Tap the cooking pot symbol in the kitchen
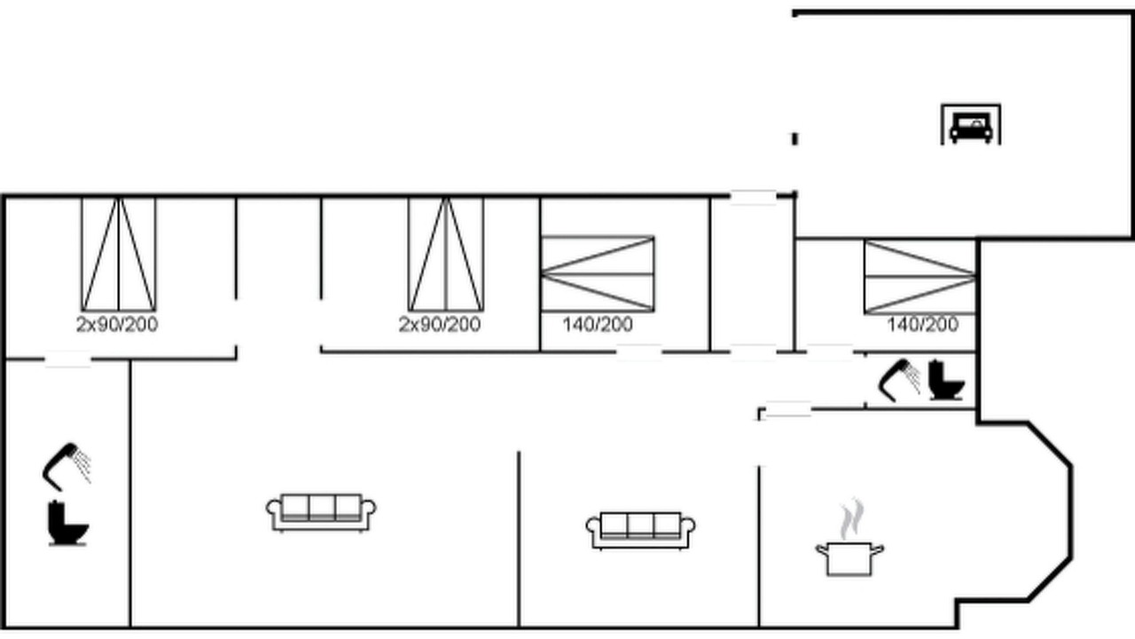(x=849, y=558)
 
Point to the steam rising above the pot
(x=852, y=518)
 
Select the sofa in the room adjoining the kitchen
(x=640, y=531)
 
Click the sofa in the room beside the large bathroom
(x=321, y=513)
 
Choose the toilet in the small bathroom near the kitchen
(x=946, y=380)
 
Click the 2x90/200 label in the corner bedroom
(x=117, y=325)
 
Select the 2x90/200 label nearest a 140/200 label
(x=440, y=325)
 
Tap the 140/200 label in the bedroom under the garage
(x=923, y=325)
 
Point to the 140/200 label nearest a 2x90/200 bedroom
(x=598, y=325)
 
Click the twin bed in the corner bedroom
(x=119, y=254)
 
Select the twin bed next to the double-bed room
(x=446, y=254)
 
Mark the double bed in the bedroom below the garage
(x=920, y=278)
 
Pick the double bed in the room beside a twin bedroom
(x=598, y=274)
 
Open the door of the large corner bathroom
(x=68, y=359)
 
